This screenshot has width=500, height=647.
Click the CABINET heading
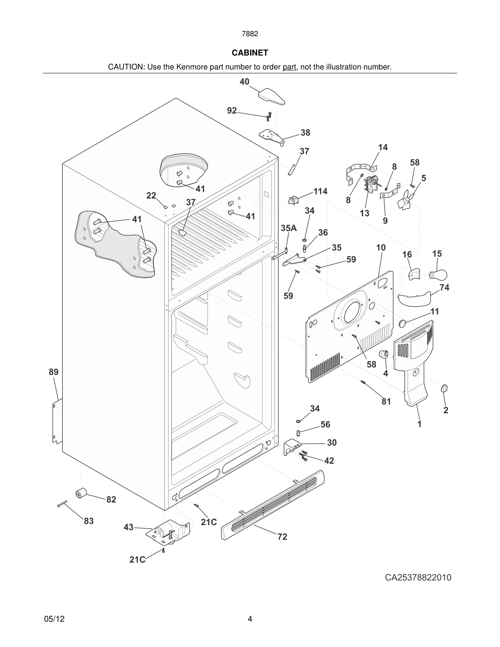pos(250,53)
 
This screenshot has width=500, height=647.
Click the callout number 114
pos(321,191)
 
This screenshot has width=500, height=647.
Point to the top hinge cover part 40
pos(272,97)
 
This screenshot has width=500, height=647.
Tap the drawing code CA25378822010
pos(418,577)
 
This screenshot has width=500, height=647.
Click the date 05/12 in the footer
pos(54,619)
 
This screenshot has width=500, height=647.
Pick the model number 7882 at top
pos(250,34)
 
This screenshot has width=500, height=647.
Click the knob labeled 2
pos(444,388)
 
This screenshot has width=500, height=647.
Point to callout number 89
pos(54,372)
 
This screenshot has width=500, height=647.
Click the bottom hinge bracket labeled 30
pos(291,447)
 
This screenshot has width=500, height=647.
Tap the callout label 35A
pos(288,228)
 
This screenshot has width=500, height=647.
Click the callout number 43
pos(129,527)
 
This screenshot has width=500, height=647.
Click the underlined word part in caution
pos(289,67)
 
